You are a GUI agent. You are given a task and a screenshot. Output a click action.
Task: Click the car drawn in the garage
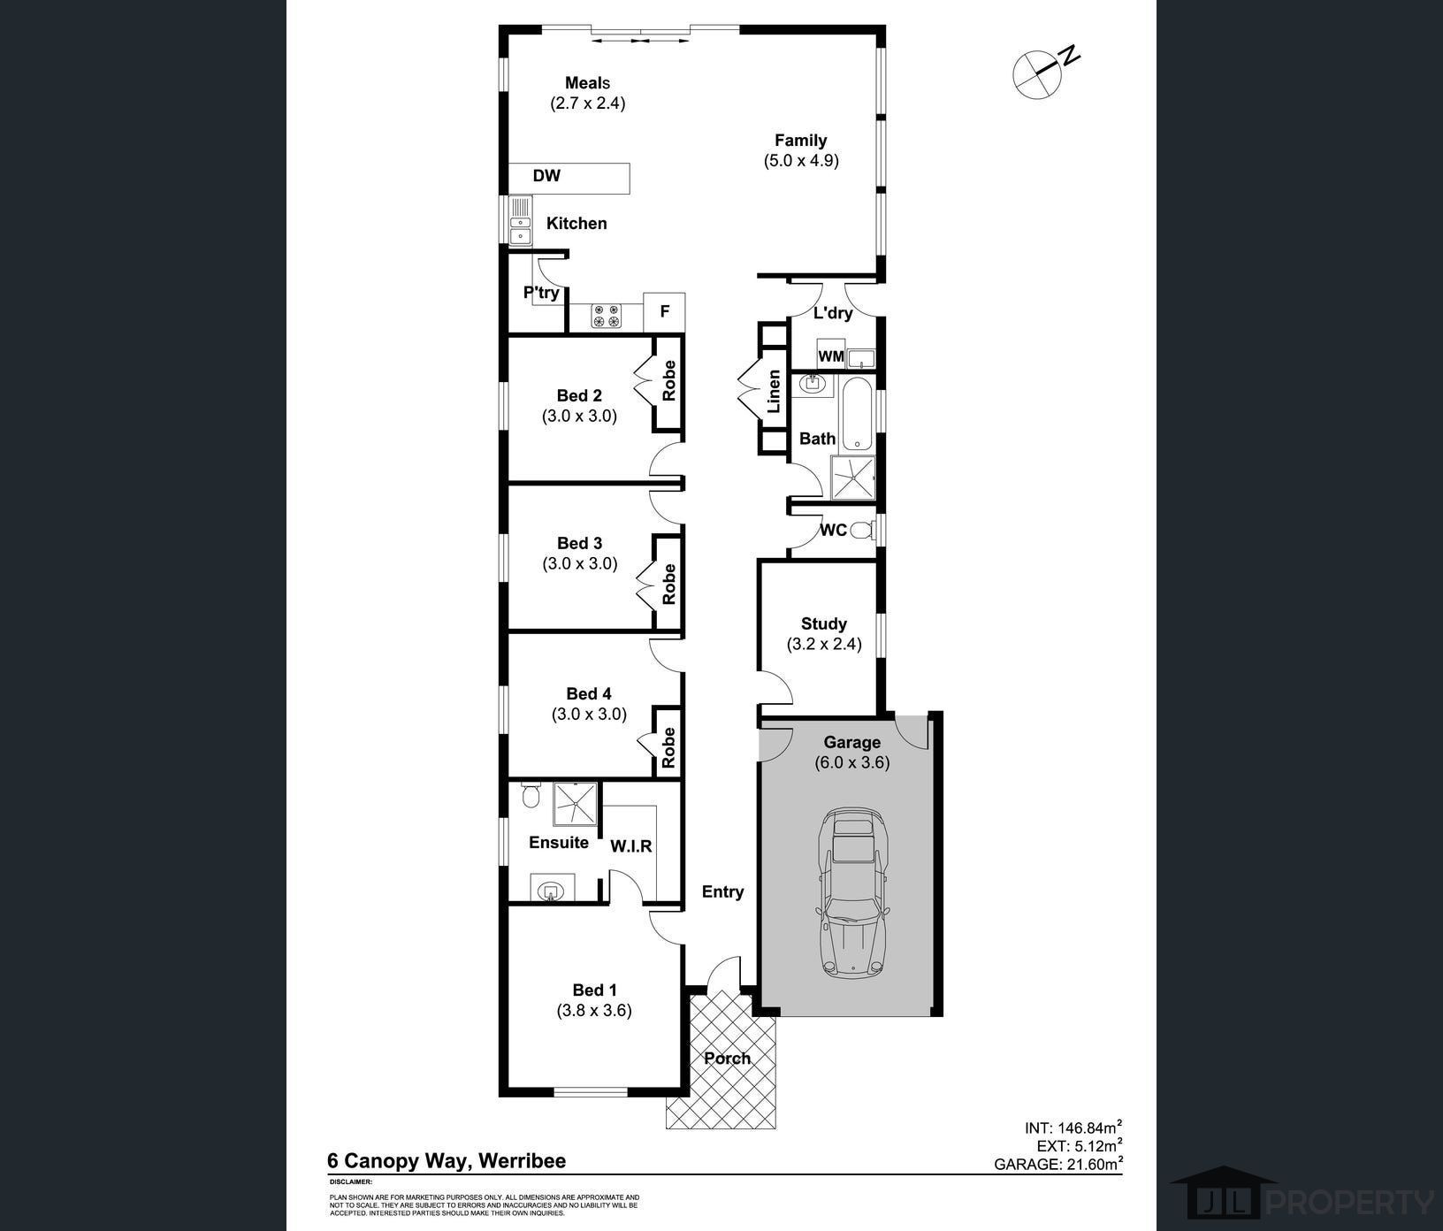[x=851, y=892]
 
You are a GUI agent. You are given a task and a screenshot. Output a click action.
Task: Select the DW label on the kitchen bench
[x=546, y=176]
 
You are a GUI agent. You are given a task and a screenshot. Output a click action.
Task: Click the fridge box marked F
[x=664, y=311]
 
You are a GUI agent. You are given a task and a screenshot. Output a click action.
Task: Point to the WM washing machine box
[x=831, y=354]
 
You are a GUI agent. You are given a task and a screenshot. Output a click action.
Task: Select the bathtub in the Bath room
[x=858, y=414]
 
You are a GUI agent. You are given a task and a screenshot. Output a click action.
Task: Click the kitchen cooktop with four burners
[x=607, y=317]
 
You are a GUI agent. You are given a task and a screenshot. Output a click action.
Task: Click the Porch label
[x=728, y=1058]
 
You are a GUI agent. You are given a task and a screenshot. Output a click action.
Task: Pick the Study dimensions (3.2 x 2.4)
[x=824, y=644]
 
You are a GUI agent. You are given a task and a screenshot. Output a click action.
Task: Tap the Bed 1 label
[x=595, y=990]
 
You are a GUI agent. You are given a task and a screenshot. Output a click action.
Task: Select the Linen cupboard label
[x=774, y=392]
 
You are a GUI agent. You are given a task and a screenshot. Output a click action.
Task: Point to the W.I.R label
[x=631, y=846]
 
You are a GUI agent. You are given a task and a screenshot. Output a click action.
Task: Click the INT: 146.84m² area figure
[x=1073, y=1128]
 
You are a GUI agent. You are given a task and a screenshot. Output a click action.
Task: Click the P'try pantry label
[x=541, y=293]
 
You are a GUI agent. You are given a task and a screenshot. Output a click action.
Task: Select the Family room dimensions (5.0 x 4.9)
[x=801, y=161]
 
